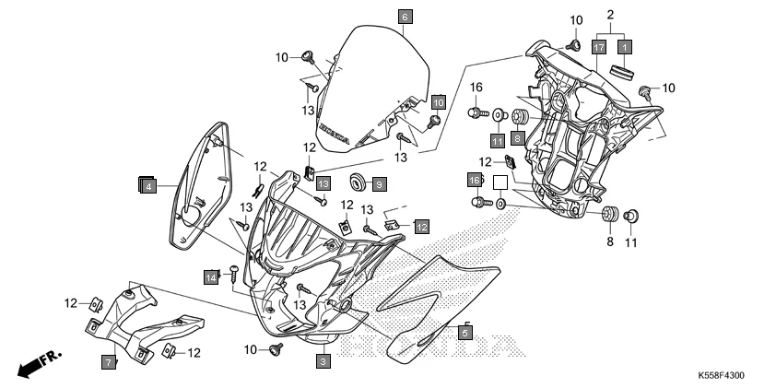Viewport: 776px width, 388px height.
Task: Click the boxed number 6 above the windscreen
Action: click(406, 17)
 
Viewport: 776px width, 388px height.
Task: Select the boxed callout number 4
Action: click(147, 185)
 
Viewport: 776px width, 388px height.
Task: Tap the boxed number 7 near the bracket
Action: click(108, 363)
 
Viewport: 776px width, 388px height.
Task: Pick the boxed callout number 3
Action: click(323, 362)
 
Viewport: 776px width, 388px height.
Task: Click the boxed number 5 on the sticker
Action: click(465, 332)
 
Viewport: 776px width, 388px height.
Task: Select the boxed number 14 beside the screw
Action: click(211, 275)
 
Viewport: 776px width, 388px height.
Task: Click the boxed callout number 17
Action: click(599, 46)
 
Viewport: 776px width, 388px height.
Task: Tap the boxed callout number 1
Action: click(624, 46)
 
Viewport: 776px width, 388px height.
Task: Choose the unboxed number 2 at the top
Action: click(610, 16)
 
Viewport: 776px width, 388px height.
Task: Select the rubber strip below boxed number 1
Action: click(624, 73)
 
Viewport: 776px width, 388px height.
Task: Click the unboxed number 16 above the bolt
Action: click(476, 88)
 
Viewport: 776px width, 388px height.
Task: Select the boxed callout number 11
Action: click(498, 141)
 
